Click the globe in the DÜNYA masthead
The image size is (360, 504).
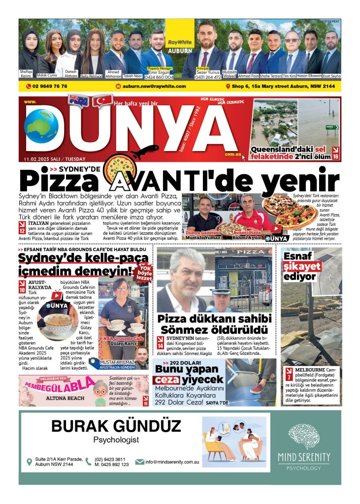[x=41, y=126]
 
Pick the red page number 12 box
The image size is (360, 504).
[x=22, y=229]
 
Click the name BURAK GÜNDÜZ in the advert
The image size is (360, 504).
[x=116, y=426]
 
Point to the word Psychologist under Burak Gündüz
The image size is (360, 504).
[x=116, y=440]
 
